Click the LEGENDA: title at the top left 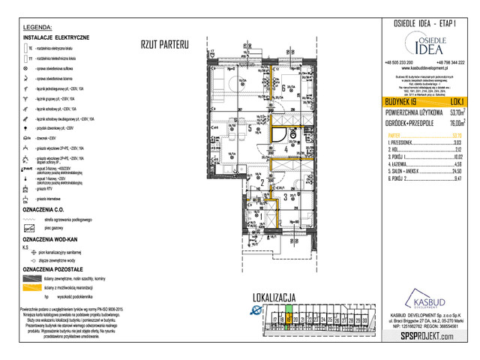38,26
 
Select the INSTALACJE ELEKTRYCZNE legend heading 56,37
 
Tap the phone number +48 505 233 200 398,62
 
